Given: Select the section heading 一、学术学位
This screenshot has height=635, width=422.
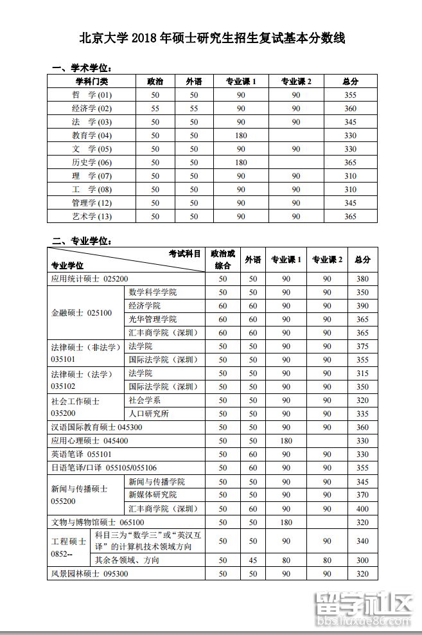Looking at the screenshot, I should (x=84, y=68).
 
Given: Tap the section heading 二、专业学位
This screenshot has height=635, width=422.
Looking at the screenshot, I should (x=84, y=241).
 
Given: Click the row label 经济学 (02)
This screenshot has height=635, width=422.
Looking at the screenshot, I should (x=92, y=109).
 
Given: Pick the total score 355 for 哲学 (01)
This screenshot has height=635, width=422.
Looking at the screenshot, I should (x=350, y=95).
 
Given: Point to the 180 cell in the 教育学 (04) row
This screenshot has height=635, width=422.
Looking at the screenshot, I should (x=241, y=136).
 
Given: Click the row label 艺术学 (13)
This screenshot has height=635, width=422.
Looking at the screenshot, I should (x=92, y=217).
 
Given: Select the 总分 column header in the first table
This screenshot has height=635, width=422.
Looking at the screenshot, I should (x=350, y=82).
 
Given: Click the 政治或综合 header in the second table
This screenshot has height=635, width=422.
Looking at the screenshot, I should (x=223, y=260).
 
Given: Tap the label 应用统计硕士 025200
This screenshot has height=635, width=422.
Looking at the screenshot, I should (x=90, y=279).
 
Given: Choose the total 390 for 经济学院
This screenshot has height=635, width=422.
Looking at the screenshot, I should (x=362, y=306).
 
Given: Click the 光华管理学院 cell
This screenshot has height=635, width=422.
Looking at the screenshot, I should (x=152, y=319).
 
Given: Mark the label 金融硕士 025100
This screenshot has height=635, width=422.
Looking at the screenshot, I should (x=82, y=313).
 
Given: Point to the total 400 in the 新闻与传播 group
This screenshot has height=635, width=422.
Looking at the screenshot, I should (x=362, y=508).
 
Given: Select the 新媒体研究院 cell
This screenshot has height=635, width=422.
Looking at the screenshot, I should (x=152, y=495).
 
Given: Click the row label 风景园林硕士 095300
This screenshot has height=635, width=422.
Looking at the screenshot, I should (x=90, y=573).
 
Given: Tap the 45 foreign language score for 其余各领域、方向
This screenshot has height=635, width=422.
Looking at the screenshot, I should (x=253, y=560).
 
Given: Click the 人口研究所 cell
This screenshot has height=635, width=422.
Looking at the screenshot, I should (x=148, y=414).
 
